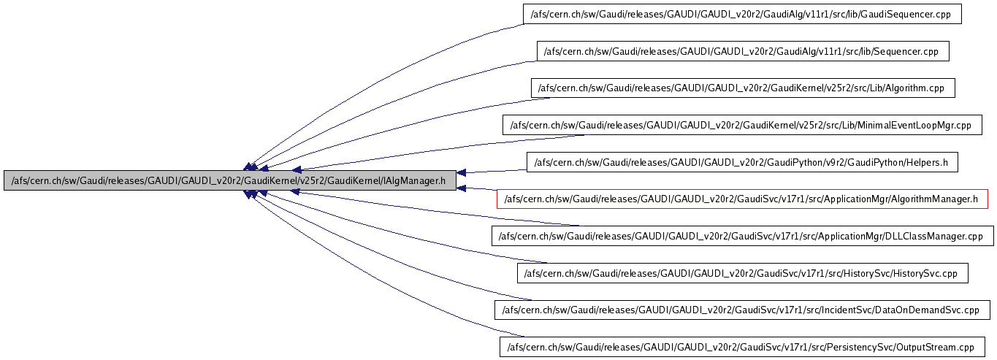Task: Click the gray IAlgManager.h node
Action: (229, 180)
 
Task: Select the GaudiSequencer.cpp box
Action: (742, 14)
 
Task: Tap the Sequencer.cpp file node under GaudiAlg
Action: (742, 51)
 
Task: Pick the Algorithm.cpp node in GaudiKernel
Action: (742, 88)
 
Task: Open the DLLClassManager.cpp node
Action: (742, 236)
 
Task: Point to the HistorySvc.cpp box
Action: (742, 273)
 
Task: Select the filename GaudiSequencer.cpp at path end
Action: (912, 14)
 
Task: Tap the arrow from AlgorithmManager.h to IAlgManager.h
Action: (478, 188)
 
